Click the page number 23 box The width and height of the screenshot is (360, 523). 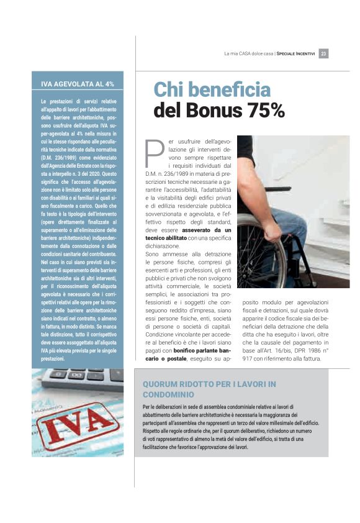324,53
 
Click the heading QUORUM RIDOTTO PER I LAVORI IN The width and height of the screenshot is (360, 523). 209,384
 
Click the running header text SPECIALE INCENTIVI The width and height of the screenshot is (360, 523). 296,53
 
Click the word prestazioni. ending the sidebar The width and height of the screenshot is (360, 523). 57,359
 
